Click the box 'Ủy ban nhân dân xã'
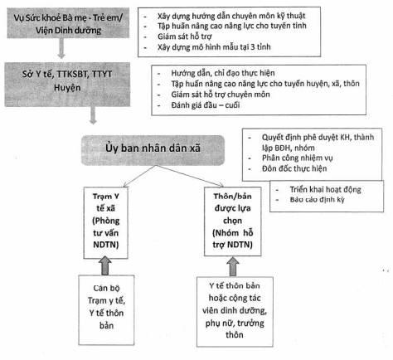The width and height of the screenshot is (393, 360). [x=153, y=150]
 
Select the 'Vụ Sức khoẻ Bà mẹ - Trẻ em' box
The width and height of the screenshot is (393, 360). [x=68, y=23]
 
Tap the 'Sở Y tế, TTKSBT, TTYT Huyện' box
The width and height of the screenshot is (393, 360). [x=67, y=85]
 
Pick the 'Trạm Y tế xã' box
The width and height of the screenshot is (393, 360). [x=106, y=223]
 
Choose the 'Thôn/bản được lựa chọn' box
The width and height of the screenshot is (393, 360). [x=233, y=221]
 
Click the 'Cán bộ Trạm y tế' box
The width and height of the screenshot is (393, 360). [x=106, y=310]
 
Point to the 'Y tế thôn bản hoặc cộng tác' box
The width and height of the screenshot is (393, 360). [x=235, y=312]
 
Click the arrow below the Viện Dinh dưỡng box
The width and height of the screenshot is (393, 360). [x=61, y=48]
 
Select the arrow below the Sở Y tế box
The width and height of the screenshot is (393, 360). [x=93, y=115]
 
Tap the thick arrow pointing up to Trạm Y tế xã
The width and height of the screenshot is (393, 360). [x=105, y=265]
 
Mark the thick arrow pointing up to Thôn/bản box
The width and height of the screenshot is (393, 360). [x=233, y=267]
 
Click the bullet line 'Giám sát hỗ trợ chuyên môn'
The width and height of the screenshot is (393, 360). [x=221, y=95]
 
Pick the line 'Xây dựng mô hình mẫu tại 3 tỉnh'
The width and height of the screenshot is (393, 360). [x=214, y=46]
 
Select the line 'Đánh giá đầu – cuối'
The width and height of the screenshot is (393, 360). [x=206, y=105]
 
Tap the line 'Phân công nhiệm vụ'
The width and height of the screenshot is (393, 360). [x=297, y=158]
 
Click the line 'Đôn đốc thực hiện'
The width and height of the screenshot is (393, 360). [x=294, y=168]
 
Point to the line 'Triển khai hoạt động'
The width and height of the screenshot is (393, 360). [x=325, y=189]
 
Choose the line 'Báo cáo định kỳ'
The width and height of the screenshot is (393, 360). [x=317, y=199]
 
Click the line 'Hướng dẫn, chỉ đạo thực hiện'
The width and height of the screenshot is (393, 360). [x=223, y=73]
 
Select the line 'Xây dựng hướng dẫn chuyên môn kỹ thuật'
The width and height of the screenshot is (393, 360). [x=231, y=16]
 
